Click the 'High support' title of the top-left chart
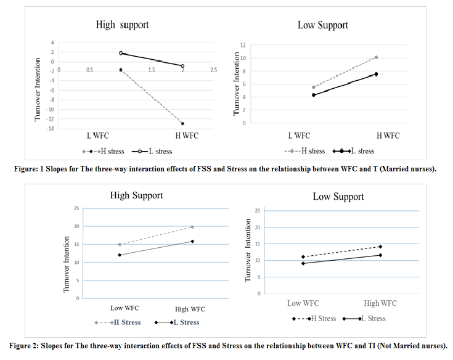pyautogui.click(x=122, y=25)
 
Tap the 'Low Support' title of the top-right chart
pyautogui.click(x=322, y=25)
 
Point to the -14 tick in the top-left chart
pyautogui.click(x=52, y=128)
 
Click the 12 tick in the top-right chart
pyautogui.click(x=243, y=45)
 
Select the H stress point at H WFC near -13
pyautogui.click(x=182, y=123)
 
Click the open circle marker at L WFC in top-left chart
pyautogui.click(x=121, y=54)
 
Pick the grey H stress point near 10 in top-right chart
pyautogui.click(x=376, y=57)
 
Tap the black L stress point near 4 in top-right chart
pyautogui.click(x=314, y=95)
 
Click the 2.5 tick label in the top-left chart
pyautogui.click(x=213, y=70)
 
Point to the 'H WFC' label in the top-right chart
pyautogui.click(x=387, y=136)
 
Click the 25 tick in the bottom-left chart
pyautogui.click(x=76, y=208)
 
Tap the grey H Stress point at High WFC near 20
pyautogui.click(x=192, y=227)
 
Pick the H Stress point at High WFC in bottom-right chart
pyautogui.click(x=380, y=247)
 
